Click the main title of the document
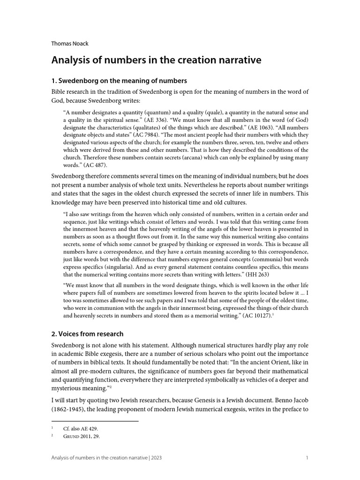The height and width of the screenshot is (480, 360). [x=155, y=60]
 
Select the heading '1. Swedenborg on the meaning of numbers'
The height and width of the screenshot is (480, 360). [x=119, y=81]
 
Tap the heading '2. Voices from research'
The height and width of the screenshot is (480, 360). [x=87, y=333]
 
